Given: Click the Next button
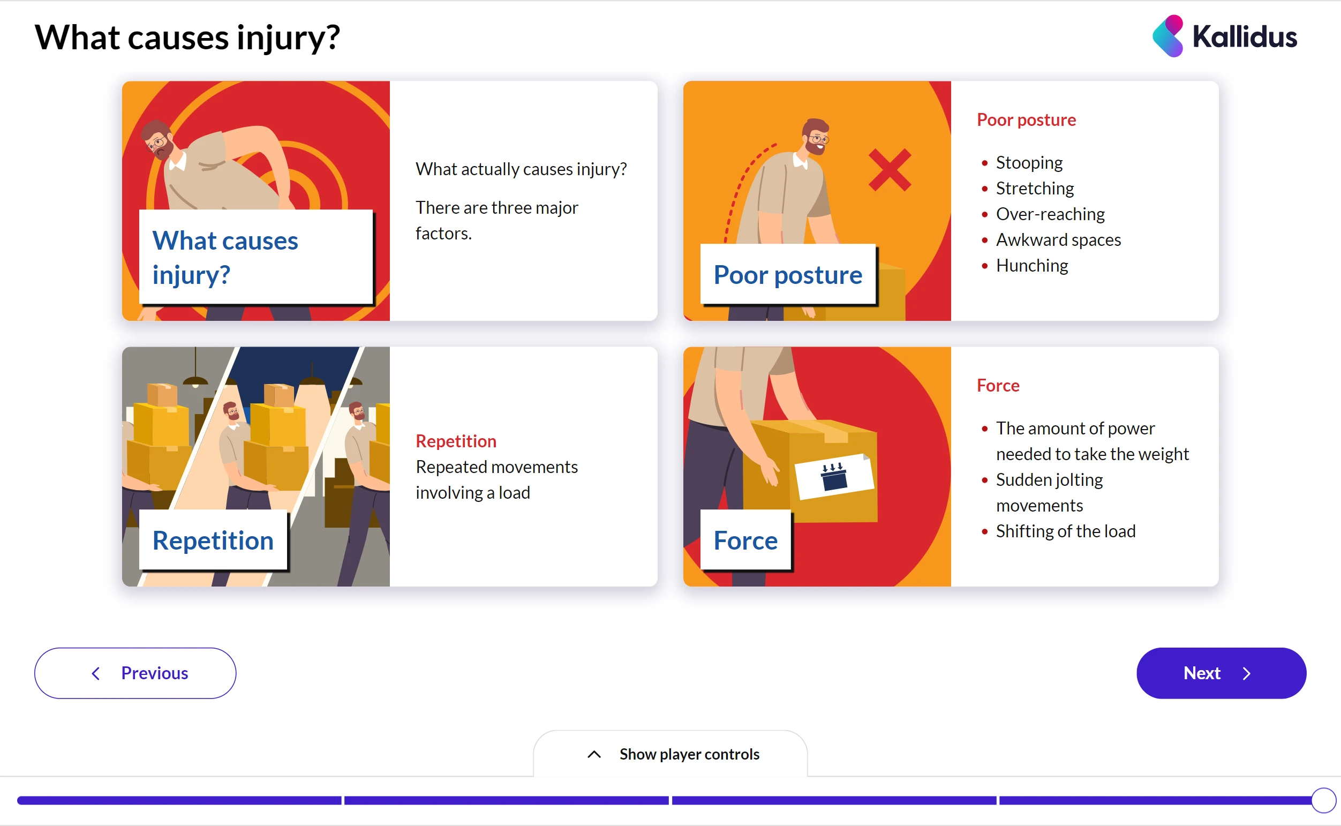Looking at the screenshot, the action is pos(1221,673).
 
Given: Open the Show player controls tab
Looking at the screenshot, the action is pos(670,754).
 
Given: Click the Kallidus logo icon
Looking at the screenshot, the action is pos(1167,36).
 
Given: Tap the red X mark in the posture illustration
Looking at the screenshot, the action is pos(890,170).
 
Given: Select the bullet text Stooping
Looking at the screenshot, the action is pos(1029,163).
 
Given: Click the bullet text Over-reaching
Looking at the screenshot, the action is pos(1050,214).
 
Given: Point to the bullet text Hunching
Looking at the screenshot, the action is pos(1032,266).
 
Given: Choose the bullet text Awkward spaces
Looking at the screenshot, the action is pos(1058,240).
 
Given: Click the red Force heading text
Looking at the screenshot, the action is pos(998,386).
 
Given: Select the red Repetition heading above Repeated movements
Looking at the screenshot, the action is pos(456,441).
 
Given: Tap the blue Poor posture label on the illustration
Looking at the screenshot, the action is pos(787,275).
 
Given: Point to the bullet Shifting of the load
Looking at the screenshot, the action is pos(1065,531).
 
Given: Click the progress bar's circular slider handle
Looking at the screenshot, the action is pos(1323,800).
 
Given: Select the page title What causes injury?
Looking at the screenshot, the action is pos(187,37).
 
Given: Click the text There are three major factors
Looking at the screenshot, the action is pos(496,221).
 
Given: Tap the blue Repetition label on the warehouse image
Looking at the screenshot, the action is pos(213,540).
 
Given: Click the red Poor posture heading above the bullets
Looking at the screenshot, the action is pos(1026,120).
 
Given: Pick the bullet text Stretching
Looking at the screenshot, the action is pos(1035,189).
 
